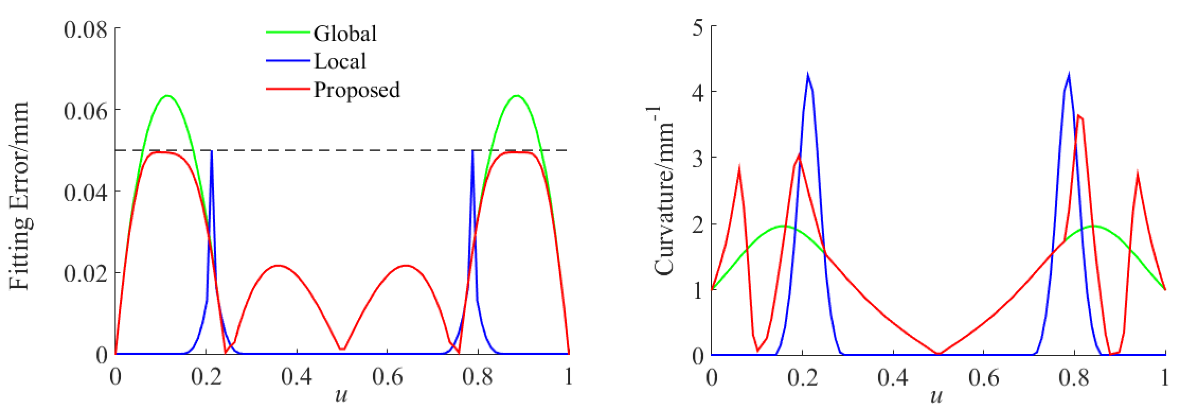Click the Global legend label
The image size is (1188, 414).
pyautogui.click(x=345, y=34)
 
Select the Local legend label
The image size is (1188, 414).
pyautogui.click(x=340, y=61)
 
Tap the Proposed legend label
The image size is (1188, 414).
pyautogui.click(x=356, y=90)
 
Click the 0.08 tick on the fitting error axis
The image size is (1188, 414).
pyautogui.click(x=85, y=30)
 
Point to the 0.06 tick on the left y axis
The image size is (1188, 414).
pyautogui.click(x=85, y=111)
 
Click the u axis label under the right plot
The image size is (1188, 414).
pyautogui.click(x=936, y=396)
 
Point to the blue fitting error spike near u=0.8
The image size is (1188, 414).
pyautogui.click(x=472, y=151)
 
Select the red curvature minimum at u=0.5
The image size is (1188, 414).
pyautogui.click(x=939, y=354)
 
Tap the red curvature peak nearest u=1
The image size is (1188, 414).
pyautogui.click(x=1138, y=175)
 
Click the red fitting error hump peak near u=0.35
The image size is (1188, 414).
pyautogui.click(x=278, y=266)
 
